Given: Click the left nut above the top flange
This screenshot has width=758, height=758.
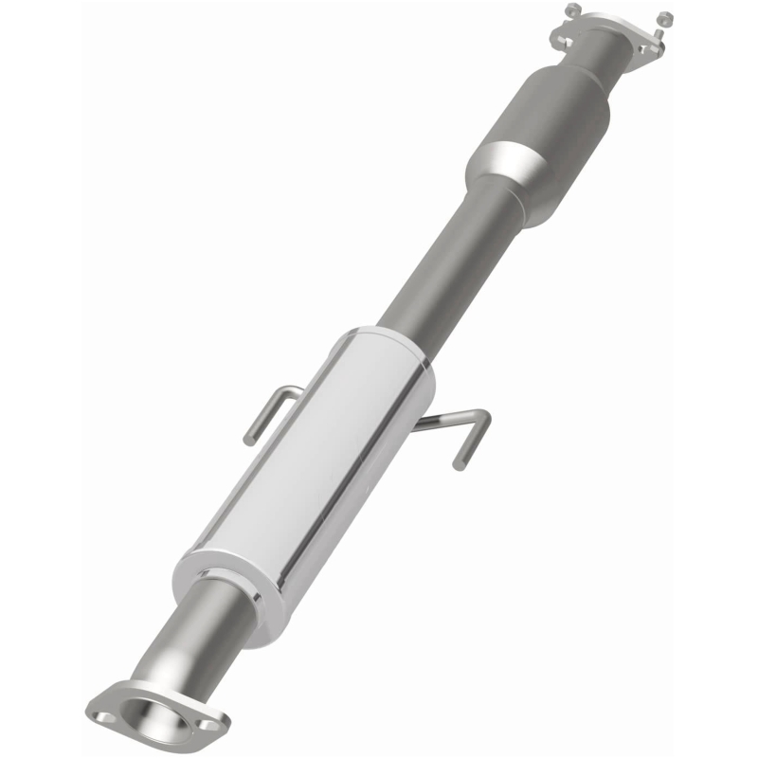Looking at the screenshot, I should click(572, 9).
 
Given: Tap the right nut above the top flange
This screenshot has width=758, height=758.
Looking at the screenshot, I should click(664, 18).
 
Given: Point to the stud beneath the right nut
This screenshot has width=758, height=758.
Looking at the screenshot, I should click(661, 31).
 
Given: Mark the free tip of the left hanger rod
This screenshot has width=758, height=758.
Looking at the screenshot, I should click(250, 439).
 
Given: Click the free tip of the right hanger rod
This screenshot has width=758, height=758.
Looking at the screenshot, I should click(460, 464).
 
